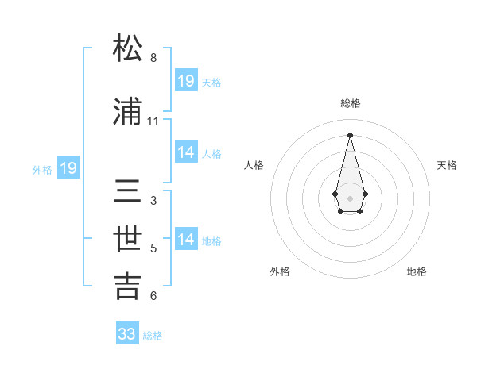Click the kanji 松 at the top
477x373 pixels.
[128, 49]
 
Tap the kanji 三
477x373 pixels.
[128, 192]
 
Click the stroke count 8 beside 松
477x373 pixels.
[153, 58]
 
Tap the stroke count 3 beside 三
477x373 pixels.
[153, 201]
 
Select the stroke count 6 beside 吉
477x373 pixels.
[153, 296]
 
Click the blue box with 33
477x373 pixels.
[127, 334]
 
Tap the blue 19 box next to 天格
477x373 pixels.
[186, 80]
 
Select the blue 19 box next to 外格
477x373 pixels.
[68, 168]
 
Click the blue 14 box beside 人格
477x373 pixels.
[186, 152]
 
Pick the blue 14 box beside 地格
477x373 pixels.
[186, 240]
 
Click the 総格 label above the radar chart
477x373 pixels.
[351, 104]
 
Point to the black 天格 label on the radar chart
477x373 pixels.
[448, 165]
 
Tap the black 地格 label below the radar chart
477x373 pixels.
[417, 271]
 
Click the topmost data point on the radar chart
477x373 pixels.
[350, 135]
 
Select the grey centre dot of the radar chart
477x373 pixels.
[350, 197]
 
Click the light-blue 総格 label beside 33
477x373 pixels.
[153, 336]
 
